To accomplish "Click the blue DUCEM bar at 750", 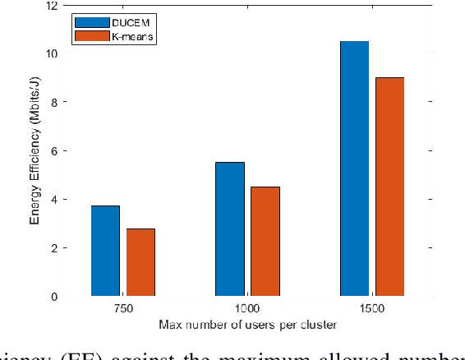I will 105,251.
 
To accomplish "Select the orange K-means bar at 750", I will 140,262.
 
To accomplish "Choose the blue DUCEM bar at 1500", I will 354,168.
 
